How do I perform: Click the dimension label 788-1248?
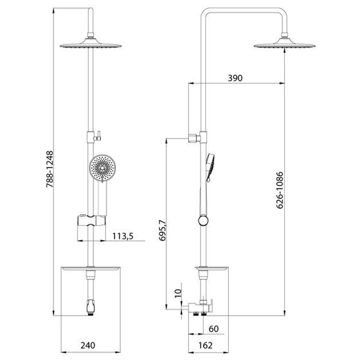[50, 169]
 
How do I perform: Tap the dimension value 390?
[235, 78]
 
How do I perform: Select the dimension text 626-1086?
[280, 190]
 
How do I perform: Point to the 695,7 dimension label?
[162, 230]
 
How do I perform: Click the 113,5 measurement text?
[123, 236]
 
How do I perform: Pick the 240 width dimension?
[88, 345]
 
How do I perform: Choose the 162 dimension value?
[205, 345]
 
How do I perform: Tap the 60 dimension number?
[213, 329]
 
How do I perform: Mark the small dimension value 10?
[178, 293]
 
